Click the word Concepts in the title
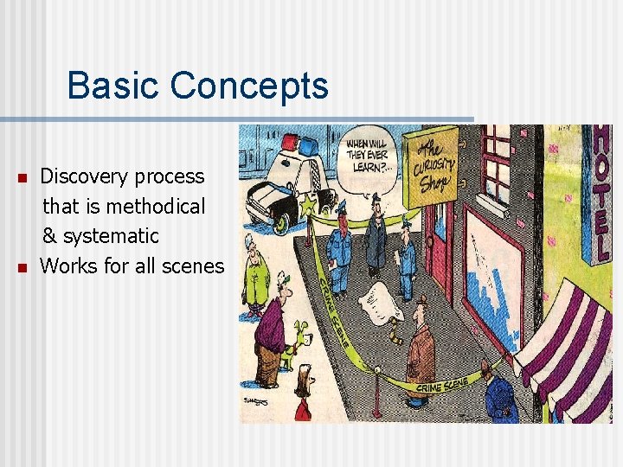coord(249,86)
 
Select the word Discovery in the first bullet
coord(80,176)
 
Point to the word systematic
coord(112,236)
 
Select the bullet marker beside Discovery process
coord(22,178)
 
